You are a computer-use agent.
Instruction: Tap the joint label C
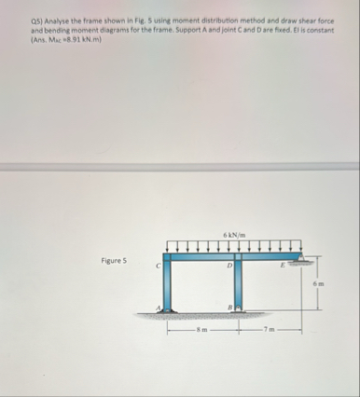159,266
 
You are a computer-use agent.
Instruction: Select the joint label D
229,266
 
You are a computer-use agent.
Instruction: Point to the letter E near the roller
283,266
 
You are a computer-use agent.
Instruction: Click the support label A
159,308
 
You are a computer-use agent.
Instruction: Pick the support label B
230,308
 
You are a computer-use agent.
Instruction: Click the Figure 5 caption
114,260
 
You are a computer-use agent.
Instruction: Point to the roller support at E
300,259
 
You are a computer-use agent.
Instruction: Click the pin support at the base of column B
239,308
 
